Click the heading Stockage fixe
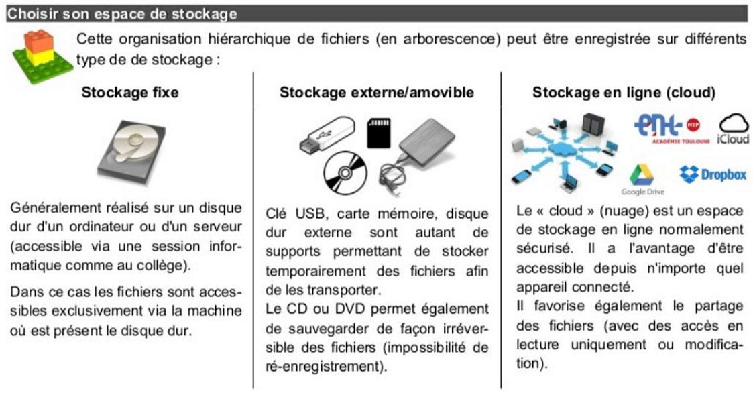tap(130, 93)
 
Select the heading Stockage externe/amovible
tap(376, 93)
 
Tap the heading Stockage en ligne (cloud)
tap(624, 93)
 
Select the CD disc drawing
tap(345, 172)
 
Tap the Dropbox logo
tap(713, 175)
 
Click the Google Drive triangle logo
tap(642, 176)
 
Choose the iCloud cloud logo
tap(734, 128)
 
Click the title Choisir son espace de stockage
tap(122, 13)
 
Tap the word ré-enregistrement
tap(326, 367)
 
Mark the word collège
tap(164, 264)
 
